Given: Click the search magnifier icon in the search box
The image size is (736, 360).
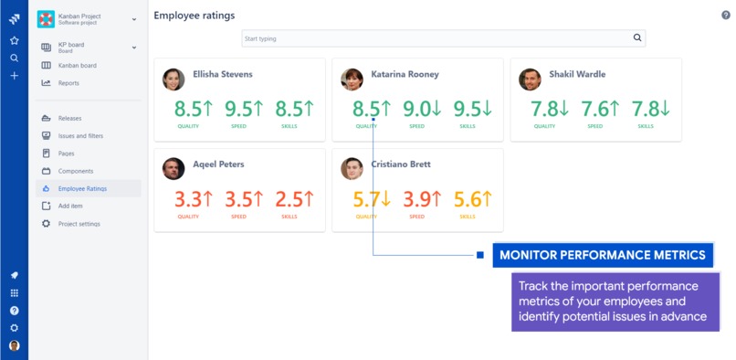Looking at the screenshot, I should pos(637,38).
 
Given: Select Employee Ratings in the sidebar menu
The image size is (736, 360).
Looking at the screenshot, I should pos(82,189).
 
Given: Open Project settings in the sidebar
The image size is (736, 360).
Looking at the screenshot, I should pos(79,224).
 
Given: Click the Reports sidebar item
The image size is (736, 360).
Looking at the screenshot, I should pos(68,83).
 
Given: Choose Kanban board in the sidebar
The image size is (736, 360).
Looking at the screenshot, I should pos(77,66).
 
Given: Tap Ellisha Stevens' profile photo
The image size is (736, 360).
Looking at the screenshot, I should pos(173,79).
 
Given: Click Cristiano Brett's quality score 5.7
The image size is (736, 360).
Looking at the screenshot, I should pos(371,198).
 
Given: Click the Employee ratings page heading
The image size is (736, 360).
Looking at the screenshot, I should pos(194,16).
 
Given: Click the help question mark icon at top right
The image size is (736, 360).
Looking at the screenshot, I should pos(725,16).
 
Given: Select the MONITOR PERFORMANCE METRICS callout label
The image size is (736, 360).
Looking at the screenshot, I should pos(603,255).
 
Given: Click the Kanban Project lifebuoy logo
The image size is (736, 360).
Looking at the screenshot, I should pos(46,19).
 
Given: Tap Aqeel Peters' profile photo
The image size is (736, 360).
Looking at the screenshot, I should pos(173,169).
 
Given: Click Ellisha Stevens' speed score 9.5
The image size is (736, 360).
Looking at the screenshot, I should pos(245,109).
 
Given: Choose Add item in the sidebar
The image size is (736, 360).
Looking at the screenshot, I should pos(71,206).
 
